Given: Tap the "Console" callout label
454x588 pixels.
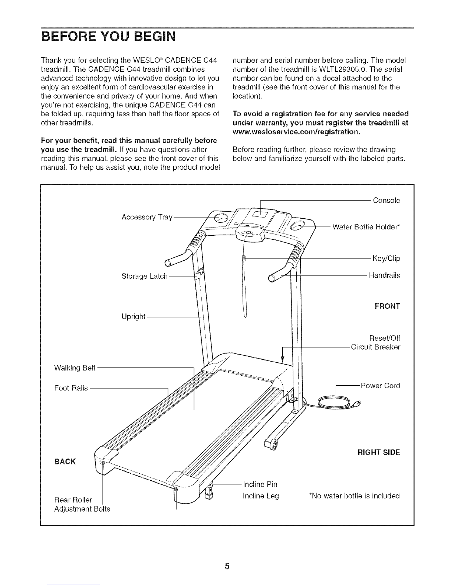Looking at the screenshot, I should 386,200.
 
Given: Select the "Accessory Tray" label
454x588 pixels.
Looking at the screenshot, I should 147,217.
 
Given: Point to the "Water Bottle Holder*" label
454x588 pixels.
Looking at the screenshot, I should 366,227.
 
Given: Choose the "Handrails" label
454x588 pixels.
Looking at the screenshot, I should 384,275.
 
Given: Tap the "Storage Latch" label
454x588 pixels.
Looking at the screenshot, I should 145,276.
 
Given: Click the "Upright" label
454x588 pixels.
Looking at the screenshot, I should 133,317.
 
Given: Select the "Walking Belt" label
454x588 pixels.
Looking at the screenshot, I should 75,368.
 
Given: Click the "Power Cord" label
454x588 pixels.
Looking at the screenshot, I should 380,386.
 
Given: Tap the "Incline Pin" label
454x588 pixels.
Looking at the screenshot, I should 260,484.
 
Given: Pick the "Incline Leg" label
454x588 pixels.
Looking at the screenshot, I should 260,496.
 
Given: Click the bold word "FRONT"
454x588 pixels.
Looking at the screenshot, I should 387,307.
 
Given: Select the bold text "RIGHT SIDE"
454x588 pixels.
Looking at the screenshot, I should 379,453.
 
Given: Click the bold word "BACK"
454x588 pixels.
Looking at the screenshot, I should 65,461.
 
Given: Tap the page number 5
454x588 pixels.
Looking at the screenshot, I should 227,556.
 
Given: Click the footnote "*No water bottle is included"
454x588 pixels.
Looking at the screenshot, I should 354,496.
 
